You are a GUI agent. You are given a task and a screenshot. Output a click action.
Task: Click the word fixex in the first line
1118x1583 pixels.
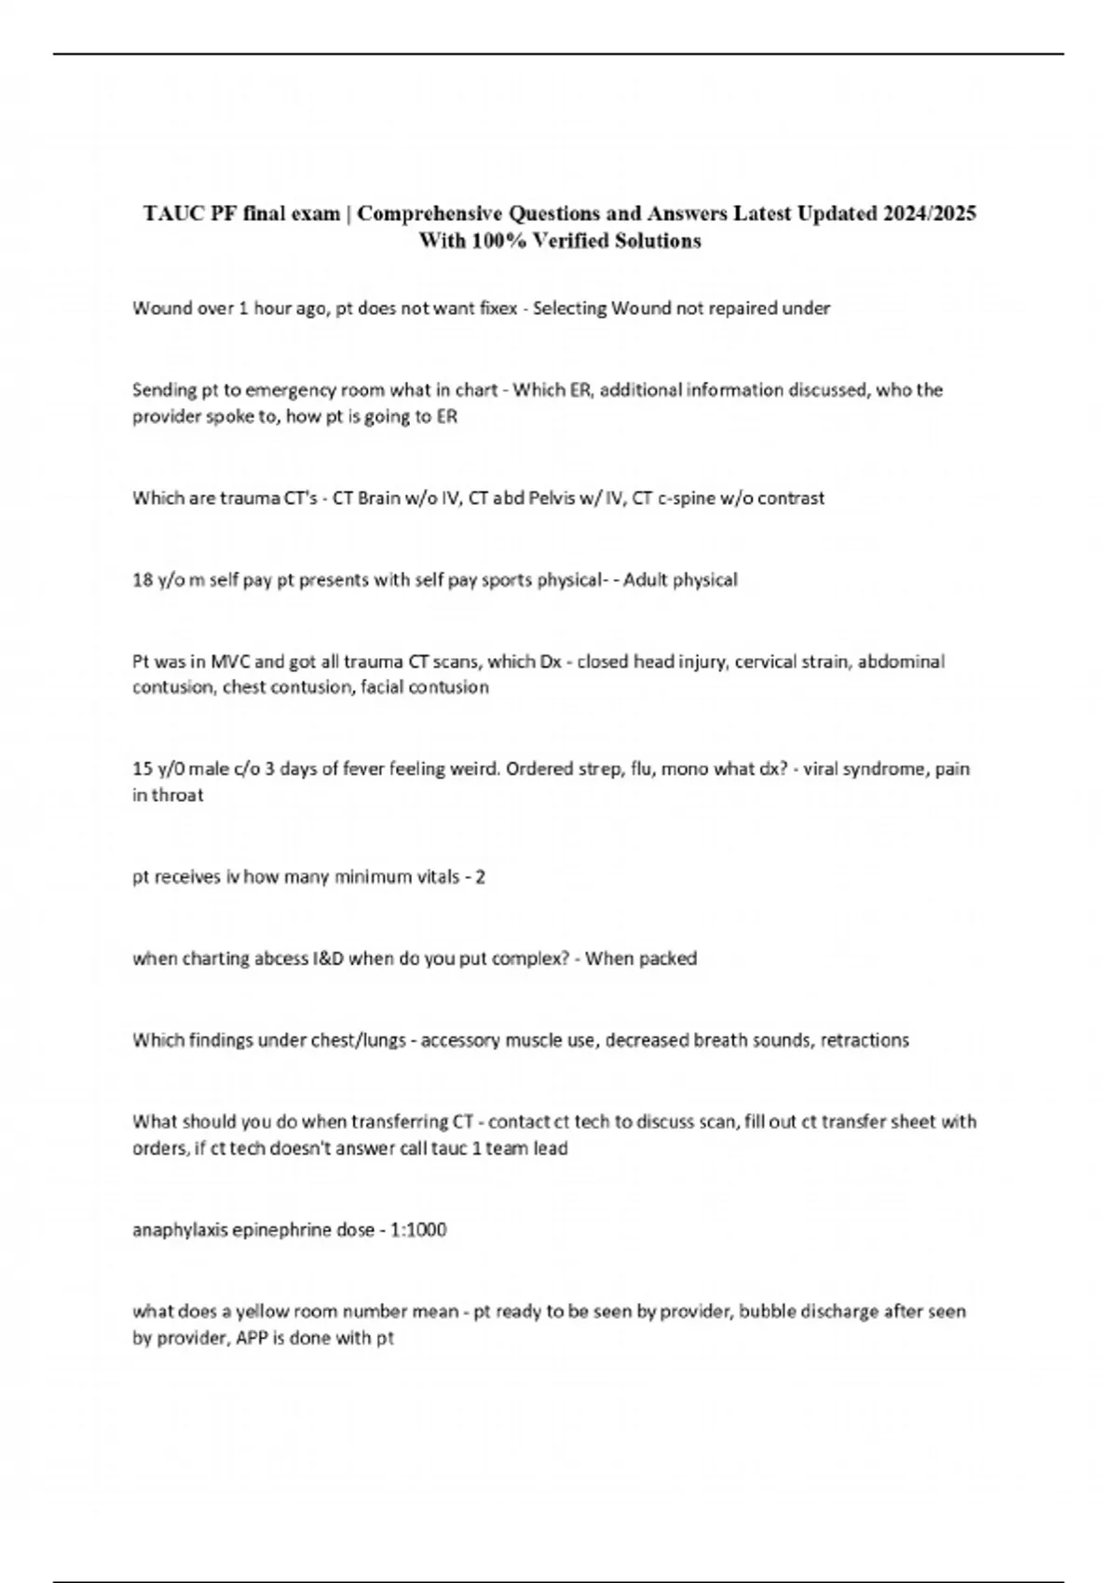496,308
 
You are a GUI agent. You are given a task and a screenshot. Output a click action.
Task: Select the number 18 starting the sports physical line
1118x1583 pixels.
142,580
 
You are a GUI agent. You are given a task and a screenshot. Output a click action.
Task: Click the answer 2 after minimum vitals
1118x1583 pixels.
480,877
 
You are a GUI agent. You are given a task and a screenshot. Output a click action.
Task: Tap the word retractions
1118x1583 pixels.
865,1040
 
